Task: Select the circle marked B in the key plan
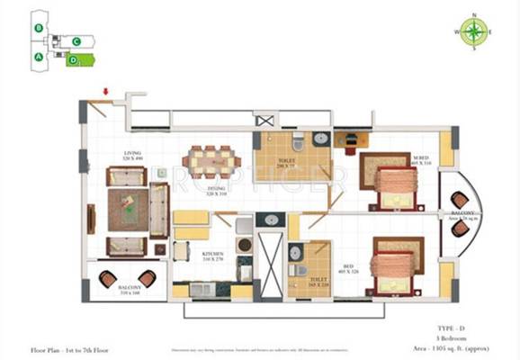[x=39, y=28]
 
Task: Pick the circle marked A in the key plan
[x=39, y=56]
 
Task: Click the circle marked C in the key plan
[x=77, y=41]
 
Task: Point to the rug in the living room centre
[x=127, y=209]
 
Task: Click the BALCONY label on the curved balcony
[x=463, y=214]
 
